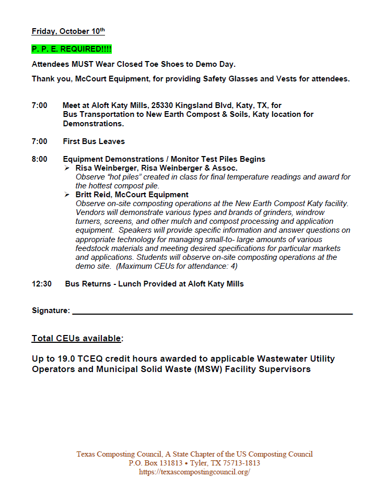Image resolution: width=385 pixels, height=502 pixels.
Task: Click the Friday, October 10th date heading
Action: tap(68, 31)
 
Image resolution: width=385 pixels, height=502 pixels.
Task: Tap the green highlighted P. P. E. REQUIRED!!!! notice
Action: tap(72, 49)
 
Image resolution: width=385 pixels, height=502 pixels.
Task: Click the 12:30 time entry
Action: tap(42, 284)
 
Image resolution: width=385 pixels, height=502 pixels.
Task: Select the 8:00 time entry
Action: tap(39, 159)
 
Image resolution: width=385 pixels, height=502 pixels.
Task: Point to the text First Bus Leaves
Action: tap(94, 141)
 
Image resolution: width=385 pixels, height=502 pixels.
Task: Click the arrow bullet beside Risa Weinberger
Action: tap(67, 168)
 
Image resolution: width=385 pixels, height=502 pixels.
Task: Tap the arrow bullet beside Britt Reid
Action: tap(67, 195)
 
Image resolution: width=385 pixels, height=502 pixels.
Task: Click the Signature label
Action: tap(51, 310)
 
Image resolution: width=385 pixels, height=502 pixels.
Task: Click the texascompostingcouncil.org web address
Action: tap(194, 472)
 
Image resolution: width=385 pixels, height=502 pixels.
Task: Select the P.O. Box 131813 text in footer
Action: tap(157, 463)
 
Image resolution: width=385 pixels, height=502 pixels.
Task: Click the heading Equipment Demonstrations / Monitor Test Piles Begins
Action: tap(164, 159)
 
